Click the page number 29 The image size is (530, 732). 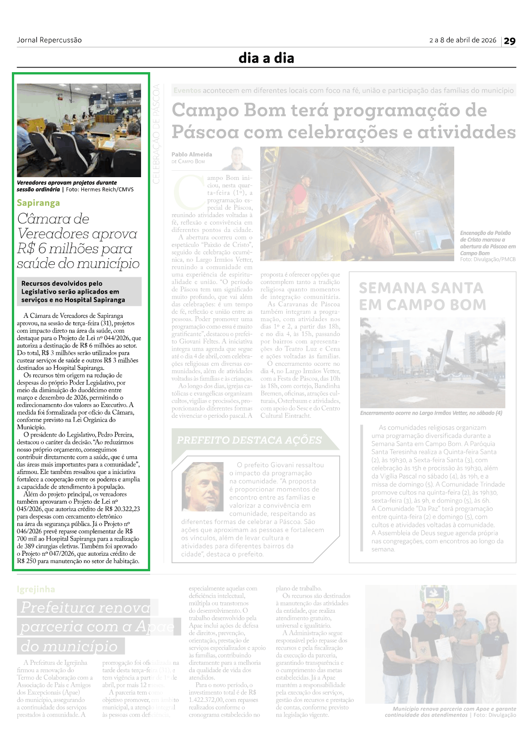tap(509, 41)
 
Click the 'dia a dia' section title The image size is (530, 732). tap(266, 58)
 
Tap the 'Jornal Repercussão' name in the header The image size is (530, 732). tap(49, 40)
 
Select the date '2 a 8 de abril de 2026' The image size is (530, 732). tap(462, 40)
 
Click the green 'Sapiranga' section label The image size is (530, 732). tap(38, 203)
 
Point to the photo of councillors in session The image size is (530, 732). tap(79, 130)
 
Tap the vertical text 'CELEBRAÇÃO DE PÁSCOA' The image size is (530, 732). tap(156, 134)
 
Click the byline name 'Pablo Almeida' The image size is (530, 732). tap(192, 154)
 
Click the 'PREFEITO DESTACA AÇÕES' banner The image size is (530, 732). tap(249, 440)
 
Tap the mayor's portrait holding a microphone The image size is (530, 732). tap(202, 486)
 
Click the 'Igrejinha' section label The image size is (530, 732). tap(36, 589)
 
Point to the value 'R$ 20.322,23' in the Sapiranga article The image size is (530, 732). tap(121, 509)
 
